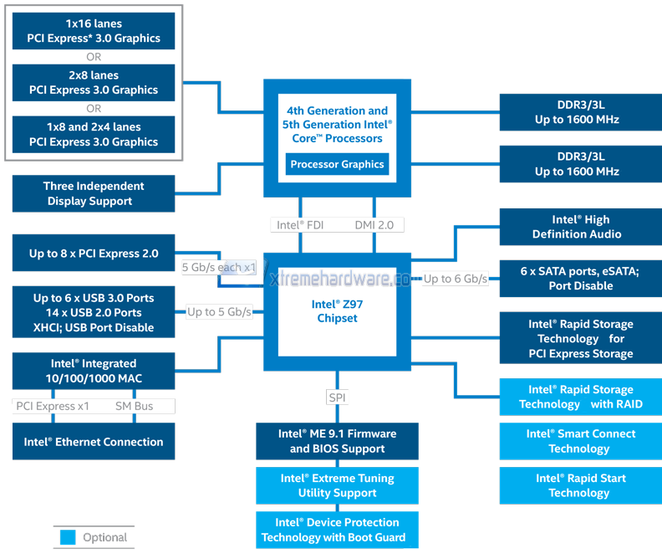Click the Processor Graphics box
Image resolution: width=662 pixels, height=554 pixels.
(338, 164)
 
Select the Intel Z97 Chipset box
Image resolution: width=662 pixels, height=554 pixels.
(338, 311)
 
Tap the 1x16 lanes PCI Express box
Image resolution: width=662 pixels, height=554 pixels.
(94, 31)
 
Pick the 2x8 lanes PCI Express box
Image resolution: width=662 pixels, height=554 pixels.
(94, 83)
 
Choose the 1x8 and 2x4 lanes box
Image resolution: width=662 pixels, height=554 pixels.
(94, 135)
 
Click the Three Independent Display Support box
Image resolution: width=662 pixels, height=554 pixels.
(94, 193)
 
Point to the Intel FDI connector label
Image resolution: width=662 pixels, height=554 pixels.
(300, 224)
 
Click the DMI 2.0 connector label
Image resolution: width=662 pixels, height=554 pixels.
(374, 224)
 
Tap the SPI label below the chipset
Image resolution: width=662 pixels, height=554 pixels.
(337, 397)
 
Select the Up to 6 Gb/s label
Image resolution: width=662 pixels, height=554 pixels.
(455, 279)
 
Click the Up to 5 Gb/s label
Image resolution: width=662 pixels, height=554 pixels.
(219, 312)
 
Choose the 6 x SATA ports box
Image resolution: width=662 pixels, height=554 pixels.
(581, 279)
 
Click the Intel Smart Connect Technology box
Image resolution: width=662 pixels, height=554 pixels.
(580, 441)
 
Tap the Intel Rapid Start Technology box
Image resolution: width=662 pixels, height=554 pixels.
(580, 485)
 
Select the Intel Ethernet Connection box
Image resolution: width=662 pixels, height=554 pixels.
(94, 442)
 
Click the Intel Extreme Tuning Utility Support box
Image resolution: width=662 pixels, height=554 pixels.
(337, 485)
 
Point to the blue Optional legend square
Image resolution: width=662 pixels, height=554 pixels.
(68, 537)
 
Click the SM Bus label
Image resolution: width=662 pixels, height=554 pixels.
(134, 406)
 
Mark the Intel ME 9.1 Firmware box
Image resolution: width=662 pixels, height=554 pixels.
(337, 441)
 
